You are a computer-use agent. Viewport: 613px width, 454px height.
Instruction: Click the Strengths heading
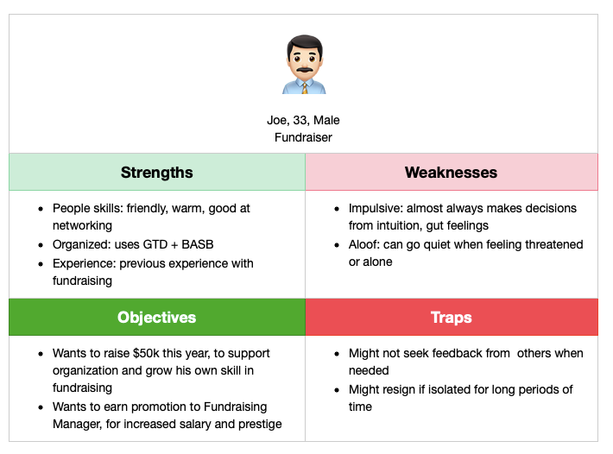pos(157,173)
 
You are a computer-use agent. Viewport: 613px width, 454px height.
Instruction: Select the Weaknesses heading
pos(452,173)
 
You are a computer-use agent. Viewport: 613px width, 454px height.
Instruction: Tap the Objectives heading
pos(157,318)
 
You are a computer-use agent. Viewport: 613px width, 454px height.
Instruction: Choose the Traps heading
pos(452,318)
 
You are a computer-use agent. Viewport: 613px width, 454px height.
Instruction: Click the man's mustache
pos(304,70)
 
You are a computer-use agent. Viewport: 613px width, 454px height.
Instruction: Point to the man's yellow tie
pos(305,87)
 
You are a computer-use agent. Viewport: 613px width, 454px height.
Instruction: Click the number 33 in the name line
pos(300,120)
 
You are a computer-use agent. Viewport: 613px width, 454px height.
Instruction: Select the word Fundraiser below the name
pos(303,137)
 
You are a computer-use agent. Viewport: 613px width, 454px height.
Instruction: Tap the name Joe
pos(277,120)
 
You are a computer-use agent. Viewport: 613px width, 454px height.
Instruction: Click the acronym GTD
pos(155,244)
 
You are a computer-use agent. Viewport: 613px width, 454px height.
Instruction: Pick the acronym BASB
pos(198,244)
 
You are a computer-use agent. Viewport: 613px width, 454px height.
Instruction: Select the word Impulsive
pos(376,209)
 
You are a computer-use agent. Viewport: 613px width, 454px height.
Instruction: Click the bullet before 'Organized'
pos(41,245)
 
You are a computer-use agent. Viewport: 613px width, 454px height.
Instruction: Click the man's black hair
pos(305,42)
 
